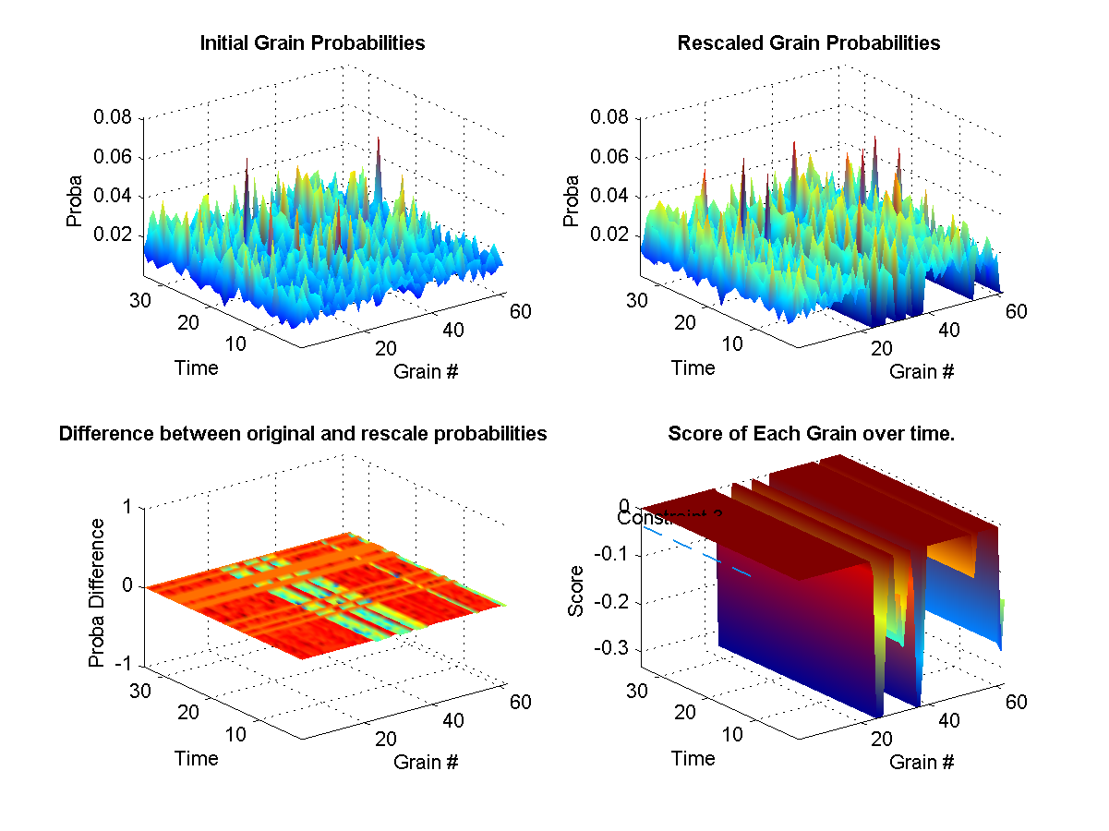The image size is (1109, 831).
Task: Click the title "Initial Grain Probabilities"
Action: (312, 43)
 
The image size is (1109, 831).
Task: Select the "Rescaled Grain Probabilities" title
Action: (808, 43)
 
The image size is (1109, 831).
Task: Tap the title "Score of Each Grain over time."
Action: (811, 434)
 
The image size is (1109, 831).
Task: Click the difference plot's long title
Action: (303, 434)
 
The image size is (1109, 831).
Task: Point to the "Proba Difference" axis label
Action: (96, 593)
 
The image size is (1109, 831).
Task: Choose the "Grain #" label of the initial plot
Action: (426, 372)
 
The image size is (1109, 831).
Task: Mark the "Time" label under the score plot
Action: (693, 758)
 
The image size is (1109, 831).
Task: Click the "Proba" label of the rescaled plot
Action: (572, 200)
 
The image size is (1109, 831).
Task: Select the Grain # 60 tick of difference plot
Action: (520, 702)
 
